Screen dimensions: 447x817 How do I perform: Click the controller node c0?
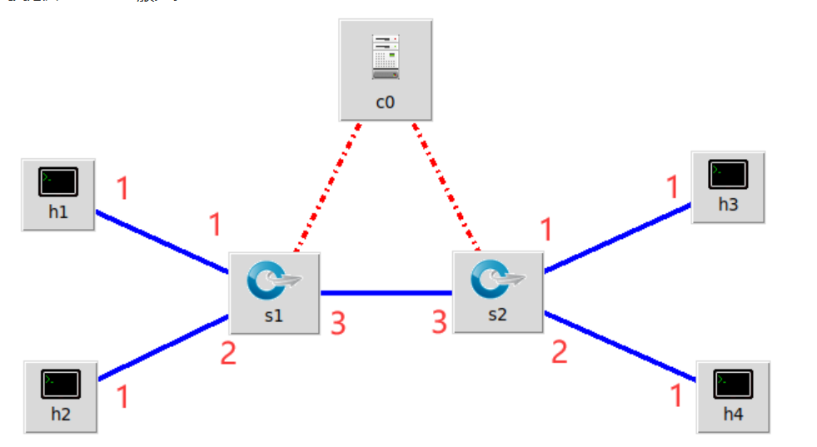coord(385,70)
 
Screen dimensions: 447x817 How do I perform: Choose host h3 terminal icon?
coord(728,175)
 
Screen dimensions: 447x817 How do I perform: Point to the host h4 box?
coord(733,396)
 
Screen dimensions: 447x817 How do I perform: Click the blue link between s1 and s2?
coord(386,293)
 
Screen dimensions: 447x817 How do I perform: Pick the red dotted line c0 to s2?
coord(446,187)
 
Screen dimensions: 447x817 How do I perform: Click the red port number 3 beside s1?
coord(337,323)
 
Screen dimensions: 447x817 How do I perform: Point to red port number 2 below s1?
coord(228,353)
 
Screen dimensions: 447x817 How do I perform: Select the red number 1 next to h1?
coord(122,189)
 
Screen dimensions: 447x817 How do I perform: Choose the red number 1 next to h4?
coord(676,395)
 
